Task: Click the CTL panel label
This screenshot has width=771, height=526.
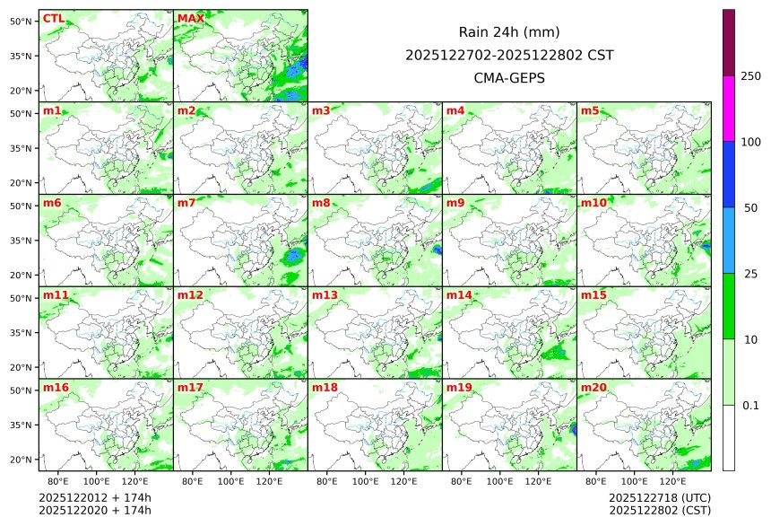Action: coord(53,18)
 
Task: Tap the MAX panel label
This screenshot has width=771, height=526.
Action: coord(190,18)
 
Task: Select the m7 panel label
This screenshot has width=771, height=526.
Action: coord(186,203)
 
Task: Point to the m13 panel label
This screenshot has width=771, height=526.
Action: coord(325,295)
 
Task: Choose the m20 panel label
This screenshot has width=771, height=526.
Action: coord(593,388)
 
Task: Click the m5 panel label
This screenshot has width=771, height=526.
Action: coord(590,110)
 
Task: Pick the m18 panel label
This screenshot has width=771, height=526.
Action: coord(325,388)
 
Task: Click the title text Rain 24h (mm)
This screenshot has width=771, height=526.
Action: coord(509,32)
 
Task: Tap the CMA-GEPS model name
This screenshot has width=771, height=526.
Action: coord(509,78)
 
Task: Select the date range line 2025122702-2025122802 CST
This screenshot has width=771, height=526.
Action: coord(509,55)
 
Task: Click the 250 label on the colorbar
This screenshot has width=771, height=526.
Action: coord(750,75)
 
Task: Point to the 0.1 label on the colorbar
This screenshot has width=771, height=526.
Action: coord(750,406)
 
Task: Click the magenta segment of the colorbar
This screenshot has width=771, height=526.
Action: coord(729,108)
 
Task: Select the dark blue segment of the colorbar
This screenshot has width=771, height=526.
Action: coord(729,174)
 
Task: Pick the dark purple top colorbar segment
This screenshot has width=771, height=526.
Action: coord(729,42)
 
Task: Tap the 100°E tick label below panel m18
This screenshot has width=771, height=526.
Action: coord(365,481)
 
